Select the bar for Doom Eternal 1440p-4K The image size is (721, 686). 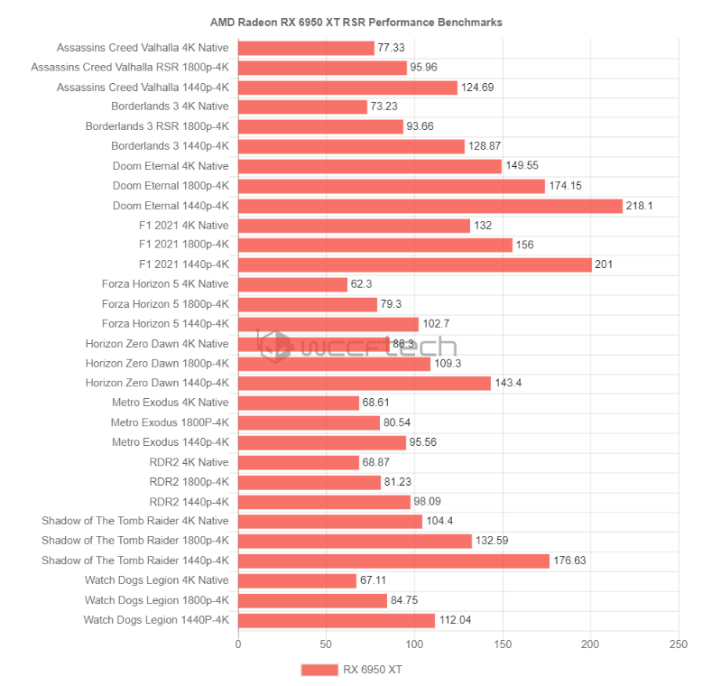pyautogui.click(x=430, y=206)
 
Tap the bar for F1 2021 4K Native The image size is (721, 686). pyautogui.click(x=354, y=226)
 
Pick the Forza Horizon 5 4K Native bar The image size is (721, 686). pyautogui.click(x=292, y=284)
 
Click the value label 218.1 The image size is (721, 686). pyautogui.click(x=640, y=206)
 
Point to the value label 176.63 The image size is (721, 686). pyautogui.click(x=570, y=561)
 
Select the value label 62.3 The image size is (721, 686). pyautogui.click(x=362, y=284)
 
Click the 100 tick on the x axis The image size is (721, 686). pyautogui.click(x=414, y=644)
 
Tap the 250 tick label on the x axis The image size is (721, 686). pyautogui.click(x=679, y=644)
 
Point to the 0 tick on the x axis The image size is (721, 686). pyautogui.click(x=238, y=644)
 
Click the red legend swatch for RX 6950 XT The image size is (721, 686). pyautogui.click(x=318, y=670)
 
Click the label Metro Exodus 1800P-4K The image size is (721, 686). pyautogui.click(x=170, y=422)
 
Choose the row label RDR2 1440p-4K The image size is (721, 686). pyautogui.click(x=189, y=501)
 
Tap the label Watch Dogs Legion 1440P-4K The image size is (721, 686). pyautogui.click(x=156, y=620)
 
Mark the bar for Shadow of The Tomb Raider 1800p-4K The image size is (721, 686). pyautogui.click(x=355, y=541)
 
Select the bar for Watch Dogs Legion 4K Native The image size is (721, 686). pyautogui.click(x=297, y=580)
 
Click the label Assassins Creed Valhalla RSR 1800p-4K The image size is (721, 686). pyautogui.click(x=130, y=68)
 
